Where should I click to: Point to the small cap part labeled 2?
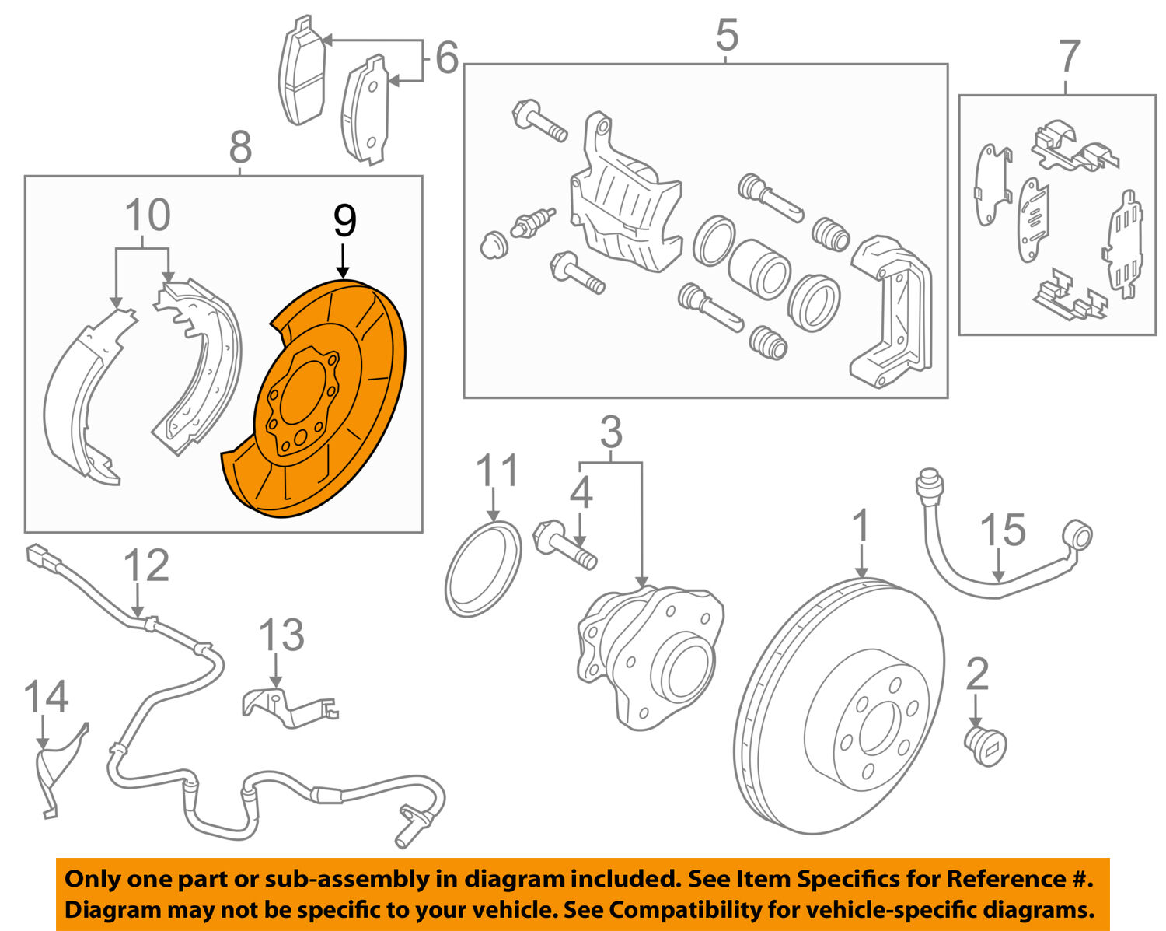click(x=985, y=746)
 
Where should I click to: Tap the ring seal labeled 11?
click(x=482, y=569)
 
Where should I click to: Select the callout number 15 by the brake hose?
click(x=1002, y=530)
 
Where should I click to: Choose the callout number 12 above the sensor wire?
click(x=146, y=565)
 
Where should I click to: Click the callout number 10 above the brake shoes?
click(x=147, y=215)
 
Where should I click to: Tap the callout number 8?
click(x=240, y=146)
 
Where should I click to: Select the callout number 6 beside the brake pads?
click(x=446, y=58)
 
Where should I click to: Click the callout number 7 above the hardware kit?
click(x=1070, y=56)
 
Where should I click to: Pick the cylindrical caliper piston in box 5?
click(x=759, y=269)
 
